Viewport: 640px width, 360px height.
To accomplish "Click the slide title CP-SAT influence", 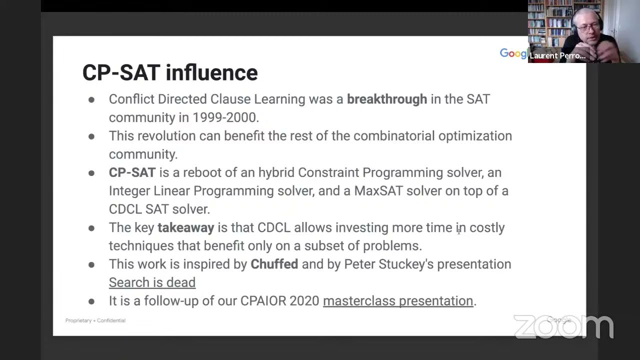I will (169, 72).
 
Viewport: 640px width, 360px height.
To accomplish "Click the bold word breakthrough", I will (386, 99).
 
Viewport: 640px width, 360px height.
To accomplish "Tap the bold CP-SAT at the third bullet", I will (132, 172).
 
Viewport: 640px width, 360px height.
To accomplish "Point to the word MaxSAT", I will (378, 191).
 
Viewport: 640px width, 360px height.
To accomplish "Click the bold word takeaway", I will (185, 227).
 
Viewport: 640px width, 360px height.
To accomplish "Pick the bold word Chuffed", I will (274, 264).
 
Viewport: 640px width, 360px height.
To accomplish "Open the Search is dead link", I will (152, 282).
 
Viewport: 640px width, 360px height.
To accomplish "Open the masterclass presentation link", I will (397, 301).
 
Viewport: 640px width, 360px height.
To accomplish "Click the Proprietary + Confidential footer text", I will (95, 320).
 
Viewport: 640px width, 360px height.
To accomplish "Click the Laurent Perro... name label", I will (557, 55).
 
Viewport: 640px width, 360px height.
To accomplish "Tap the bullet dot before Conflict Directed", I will (91, 99).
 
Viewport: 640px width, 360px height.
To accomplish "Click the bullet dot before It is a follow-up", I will (91, 301).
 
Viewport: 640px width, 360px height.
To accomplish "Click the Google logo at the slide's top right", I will (513, 53).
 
